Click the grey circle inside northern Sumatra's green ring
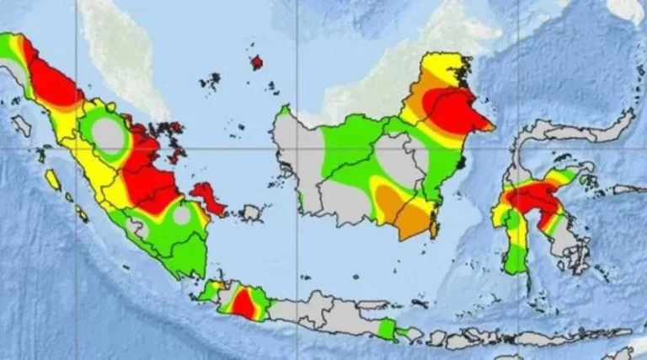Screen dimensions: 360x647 click(x=108, y=135)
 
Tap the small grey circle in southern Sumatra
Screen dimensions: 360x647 click(x=182, y=215)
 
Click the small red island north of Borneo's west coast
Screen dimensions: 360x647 click(x=256, y=62)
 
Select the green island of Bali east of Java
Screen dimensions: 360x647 click(x=387, y=328)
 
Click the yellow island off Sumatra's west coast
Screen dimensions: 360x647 click(x=53, y=180)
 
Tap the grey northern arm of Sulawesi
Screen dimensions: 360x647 click(x=581, y=131)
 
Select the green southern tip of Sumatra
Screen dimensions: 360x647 click(x=190, y=257)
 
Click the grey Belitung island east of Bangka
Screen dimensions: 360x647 click(x=250, y=213)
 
